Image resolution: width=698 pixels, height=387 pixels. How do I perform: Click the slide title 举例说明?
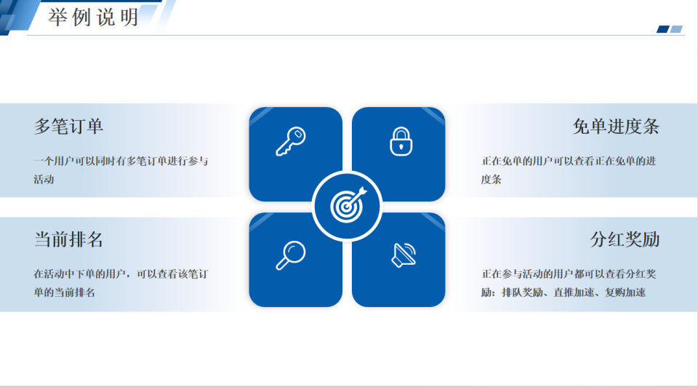pos(93,17)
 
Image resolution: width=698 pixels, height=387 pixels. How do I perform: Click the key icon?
pos(291,142)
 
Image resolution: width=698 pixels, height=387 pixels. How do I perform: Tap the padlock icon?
pos(401,142)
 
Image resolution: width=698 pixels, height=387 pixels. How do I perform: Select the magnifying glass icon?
pos(291,255)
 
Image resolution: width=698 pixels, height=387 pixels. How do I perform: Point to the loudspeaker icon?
pos(404,255)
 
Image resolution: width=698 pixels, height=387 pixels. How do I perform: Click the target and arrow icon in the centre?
pos(348,205)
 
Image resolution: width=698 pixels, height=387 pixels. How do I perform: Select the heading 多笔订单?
pos(68,127)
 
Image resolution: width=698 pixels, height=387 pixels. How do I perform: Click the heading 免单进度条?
pos(616,127)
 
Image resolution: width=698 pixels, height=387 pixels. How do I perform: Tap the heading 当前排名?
pos(68,239)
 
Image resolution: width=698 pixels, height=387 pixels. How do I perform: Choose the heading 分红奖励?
pos(625,239)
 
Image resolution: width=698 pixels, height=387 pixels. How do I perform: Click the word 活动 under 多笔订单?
pos(44,180)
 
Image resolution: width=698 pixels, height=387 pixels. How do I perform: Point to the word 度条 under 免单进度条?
pos(491,180)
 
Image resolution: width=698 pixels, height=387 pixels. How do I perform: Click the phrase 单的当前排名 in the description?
pos(65,292)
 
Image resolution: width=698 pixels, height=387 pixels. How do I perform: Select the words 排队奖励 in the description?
pos(522,292)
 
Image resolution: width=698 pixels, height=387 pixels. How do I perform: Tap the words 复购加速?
pos(625,292)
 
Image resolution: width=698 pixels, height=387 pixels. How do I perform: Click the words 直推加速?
pos(574,292)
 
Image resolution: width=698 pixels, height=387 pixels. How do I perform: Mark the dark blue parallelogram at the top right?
pos(663,29)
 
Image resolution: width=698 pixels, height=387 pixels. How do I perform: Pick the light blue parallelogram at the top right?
pos(676,29)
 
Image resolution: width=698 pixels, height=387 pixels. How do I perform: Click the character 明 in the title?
pos(129,17)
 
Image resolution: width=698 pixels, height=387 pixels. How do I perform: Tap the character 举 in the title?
pos(57,17)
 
